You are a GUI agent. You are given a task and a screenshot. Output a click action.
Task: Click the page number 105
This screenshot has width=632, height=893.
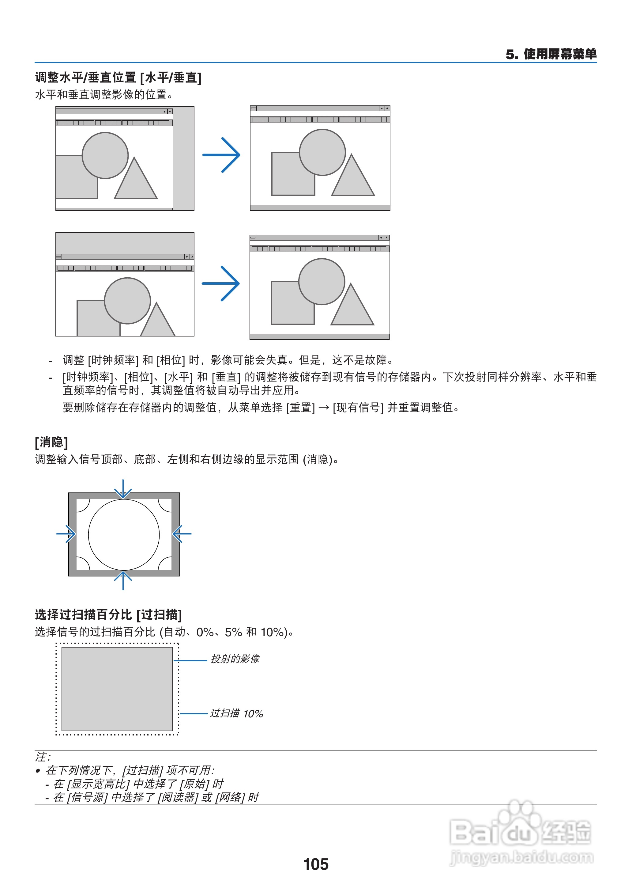316,864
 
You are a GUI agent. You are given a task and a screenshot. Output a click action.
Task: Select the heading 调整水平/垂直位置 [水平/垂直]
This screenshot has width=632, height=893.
118,78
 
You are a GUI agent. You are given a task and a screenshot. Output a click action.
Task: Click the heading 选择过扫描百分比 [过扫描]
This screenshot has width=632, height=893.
108,614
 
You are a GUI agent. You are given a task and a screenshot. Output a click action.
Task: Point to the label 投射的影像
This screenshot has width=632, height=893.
235,659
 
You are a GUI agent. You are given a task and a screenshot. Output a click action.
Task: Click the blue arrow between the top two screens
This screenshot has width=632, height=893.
221,155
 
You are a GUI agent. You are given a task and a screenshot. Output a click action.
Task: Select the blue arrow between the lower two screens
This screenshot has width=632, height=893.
221,283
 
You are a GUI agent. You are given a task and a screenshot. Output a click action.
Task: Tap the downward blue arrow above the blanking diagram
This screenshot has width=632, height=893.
123,489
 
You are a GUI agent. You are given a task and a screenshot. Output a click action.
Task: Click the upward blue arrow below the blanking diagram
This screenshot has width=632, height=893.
123,580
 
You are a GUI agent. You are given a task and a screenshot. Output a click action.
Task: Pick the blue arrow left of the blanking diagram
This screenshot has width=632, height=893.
66,534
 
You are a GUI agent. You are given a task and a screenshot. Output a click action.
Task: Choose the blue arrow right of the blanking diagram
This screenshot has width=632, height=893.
182,534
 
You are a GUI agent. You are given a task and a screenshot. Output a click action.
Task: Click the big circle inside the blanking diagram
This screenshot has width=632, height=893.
124,535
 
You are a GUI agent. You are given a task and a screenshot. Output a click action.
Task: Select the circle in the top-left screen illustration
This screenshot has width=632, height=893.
105,155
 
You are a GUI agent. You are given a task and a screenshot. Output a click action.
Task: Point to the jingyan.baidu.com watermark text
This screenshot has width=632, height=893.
521,857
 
